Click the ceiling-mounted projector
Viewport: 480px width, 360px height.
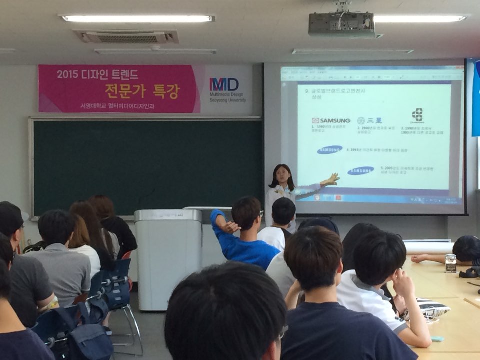pyautogui.click(x=341, y=24)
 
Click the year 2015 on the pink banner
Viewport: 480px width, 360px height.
pyautogui.click(x=67, y=75)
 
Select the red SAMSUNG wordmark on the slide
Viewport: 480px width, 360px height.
pyautogui.click(x=331, y=120)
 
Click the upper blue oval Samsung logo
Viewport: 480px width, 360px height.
pyautogui.click(x=330, y=149)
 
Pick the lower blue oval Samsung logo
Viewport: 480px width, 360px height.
pyautogui.click(x=360, y=171)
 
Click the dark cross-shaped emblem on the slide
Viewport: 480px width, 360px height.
pyautogui.click(x=417, y=115)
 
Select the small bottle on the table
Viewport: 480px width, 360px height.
pyautogui.click(x=450, y=263)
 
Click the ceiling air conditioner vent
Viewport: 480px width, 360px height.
pyautogui.click(x=125, y=36)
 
